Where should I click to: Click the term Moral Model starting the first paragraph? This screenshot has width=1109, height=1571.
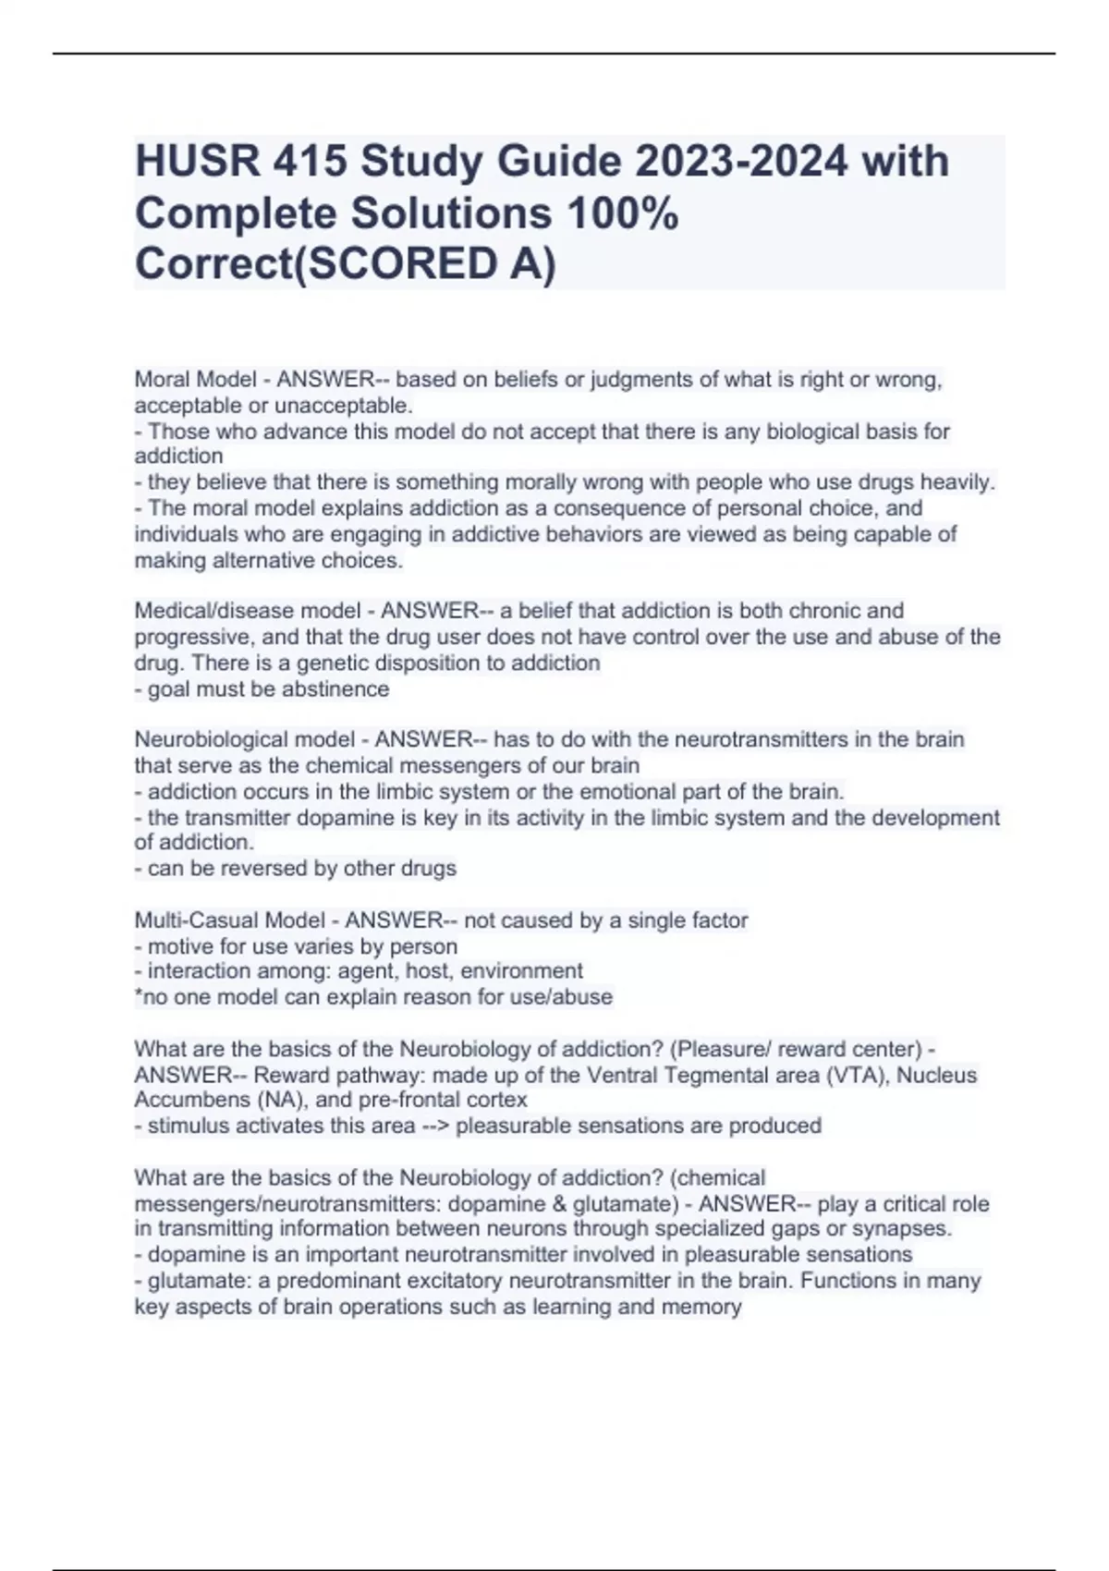[195, 380]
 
